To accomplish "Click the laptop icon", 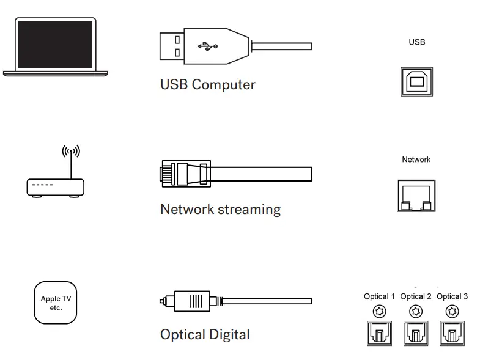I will (x=55, y=47).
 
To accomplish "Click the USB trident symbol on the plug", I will (x=207, y=46).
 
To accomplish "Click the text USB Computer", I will (x=207, y=84).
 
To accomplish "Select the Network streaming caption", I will (x=220, y=209).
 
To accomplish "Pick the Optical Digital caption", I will (x=205, y=334).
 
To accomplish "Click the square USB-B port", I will (x=416, y=81).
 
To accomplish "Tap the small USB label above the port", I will (x=416, y=42).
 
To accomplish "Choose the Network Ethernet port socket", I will (x=416, y=196).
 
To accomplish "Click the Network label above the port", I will (x=416, y=160).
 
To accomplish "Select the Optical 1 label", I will (x=379, y=296).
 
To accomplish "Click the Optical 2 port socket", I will (x=416, y=333).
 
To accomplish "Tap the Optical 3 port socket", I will (x=452, y=333).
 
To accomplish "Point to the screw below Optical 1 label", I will (x=380, y=312).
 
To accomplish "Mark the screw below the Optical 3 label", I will (x=452, y=312).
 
